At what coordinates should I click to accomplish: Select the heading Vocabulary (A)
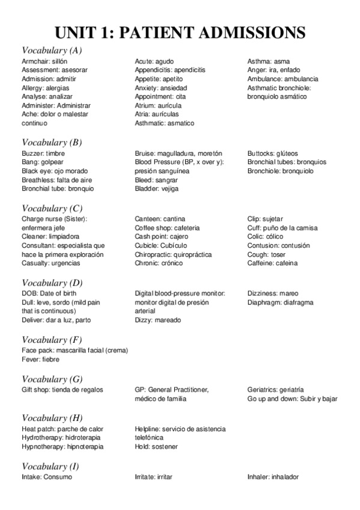(52, 51)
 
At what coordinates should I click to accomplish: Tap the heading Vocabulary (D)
(52, 283)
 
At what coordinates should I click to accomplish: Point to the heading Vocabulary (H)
(52, 418)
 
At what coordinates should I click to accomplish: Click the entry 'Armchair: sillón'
(44, 61)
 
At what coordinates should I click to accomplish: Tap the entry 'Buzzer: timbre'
(43, 153)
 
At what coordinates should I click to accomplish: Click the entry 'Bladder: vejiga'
(157, 188)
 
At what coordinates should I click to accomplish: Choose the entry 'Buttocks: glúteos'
(272, 153)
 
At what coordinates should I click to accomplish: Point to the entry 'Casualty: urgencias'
(52, 263)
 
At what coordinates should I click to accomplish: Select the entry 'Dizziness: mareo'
(272, 293)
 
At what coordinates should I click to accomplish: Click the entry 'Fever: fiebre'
(40, 359)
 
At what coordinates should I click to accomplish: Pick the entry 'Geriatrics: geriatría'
(276, 390)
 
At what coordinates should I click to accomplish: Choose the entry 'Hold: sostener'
(156, 447)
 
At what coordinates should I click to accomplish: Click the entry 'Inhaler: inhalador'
(273, 477)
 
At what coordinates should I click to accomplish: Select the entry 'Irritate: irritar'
(153, 477)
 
